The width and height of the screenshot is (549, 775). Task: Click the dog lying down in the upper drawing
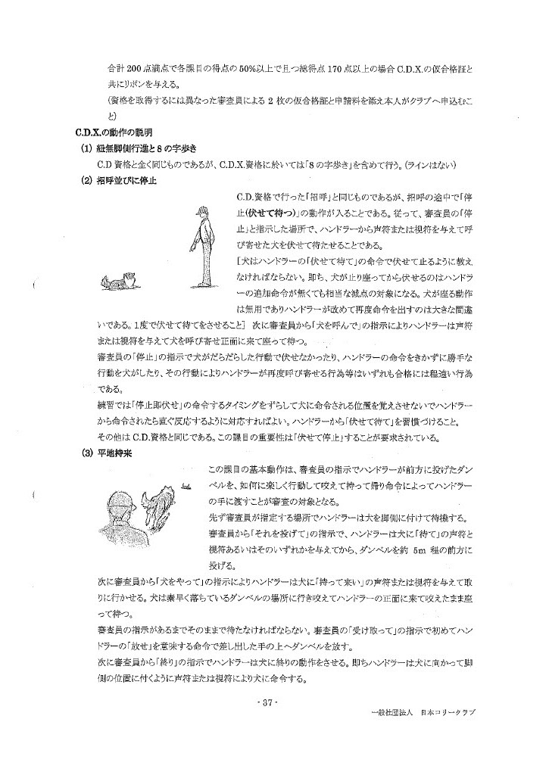point(117,282)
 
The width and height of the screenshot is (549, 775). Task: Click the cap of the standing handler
point(198,212)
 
